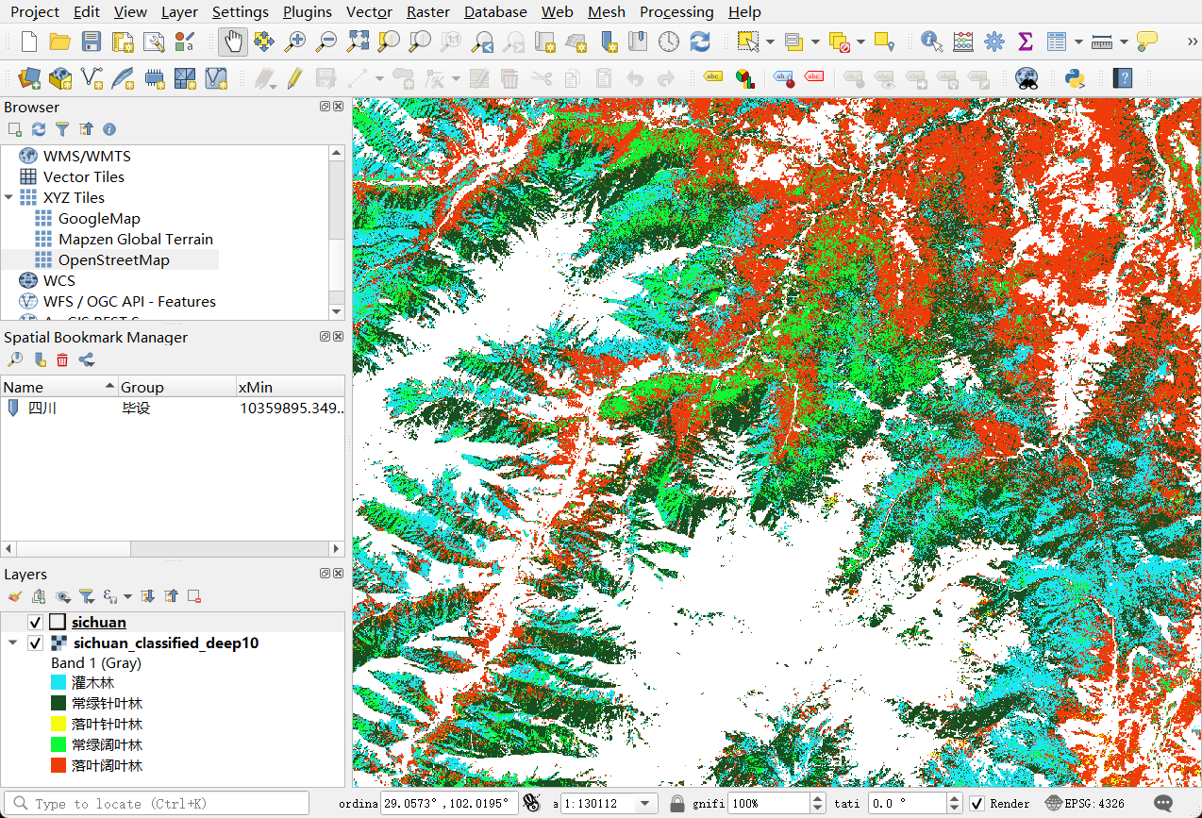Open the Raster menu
click(x=427, y=12)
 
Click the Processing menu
click(x=676, y=12)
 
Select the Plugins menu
click(x=307, y=12)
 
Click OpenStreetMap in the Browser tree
click(x=113, y=259)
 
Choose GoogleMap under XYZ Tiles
click(x=99, y=218)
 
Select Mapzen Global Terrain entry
click(x=135, y=239)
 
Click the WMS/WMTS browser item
click(x=87, y=156)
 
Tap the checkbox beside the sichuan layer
click(x=36, y=622)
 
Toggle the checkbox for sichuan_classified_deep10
click(x=36, y=643)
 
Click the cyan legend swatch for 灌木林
click(x=58, y=682)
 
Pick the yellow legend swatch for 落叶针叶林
click(x=58, y=724)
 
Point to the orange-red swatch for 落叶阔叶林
click(x=58, y=765)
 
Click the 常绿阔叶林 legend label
click(x=107, y=744)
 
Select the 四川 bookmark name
click(x=42, y=409)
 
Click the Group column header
click(x=142, y=387)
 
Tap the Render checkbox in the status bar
click(x=977, y=804)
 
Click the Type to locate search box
click(x=160, y=804)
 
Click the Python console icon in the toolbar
click(x=1074, y=77)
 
